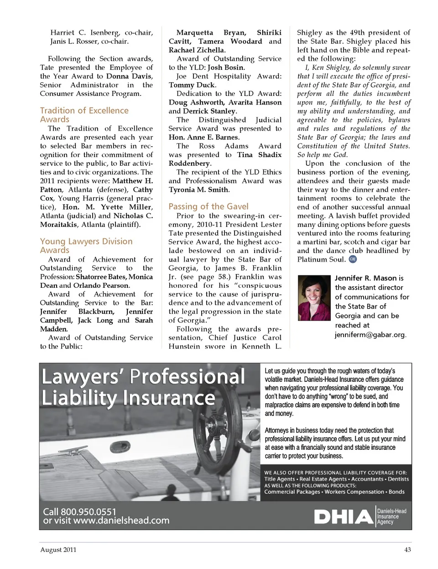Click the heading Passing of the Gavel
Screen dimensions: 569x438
pyautogui.click(x=209, y=206)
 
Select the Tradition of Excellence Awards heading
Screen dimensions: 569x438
pyautogui.click(x=84, y=115)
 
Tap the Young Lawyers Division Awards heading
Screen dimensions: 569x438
pyautogui.click(x=86, y=246)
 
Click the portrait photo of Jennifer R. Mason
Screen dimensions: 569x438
pyautogui.click(x=314, y=298)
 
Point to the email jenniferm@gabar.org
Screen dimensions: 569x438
pyautogui.click(x=370, y=335)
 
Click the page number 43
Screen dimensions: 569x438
pyautogui.click(x=407, y=550)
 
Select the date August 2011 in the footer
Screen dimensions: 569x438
pyautogui.click(x=58, y=550)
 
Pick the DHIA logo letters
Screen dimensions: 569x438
pyautogui.click(x=343, y=517)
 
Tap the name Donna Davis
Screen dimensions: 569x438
pyautogui.click(x=130, y=76)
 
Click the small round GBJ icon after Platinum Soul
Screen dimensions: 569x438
pyautogui.click(x=352, y=259)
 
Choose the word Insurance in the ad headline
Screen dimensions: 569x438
pyautogui.click(x=168, y=398)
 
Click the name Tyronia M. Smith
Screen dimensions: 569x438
pyautogui.click(x=199, y=190)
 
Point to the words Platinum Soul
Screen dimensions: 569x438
pyautogui.click(x=321, y=259)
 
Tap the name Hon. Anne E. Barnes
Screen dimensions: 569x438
pyautogui.click(x=203, y=137)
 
